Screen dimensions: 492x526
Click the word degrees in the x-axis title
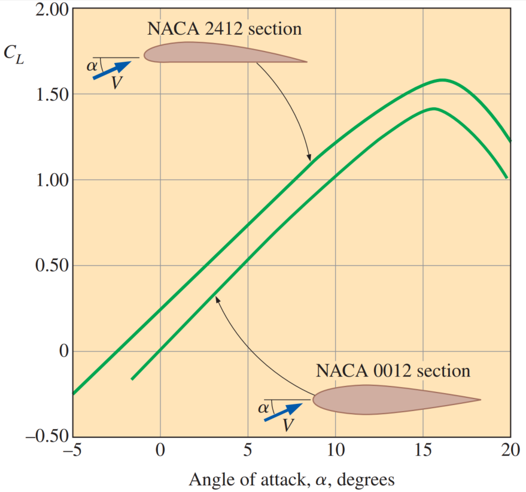point(361,480)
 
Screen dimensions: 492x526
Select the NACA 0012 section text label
point(393,370)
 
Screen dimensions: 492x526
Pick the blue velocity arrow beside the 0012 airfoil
point(285,413)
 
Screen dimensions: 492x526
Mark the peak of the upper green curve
point(443,80)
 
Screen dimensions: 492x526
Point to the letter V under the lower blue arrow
point(288,425)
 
